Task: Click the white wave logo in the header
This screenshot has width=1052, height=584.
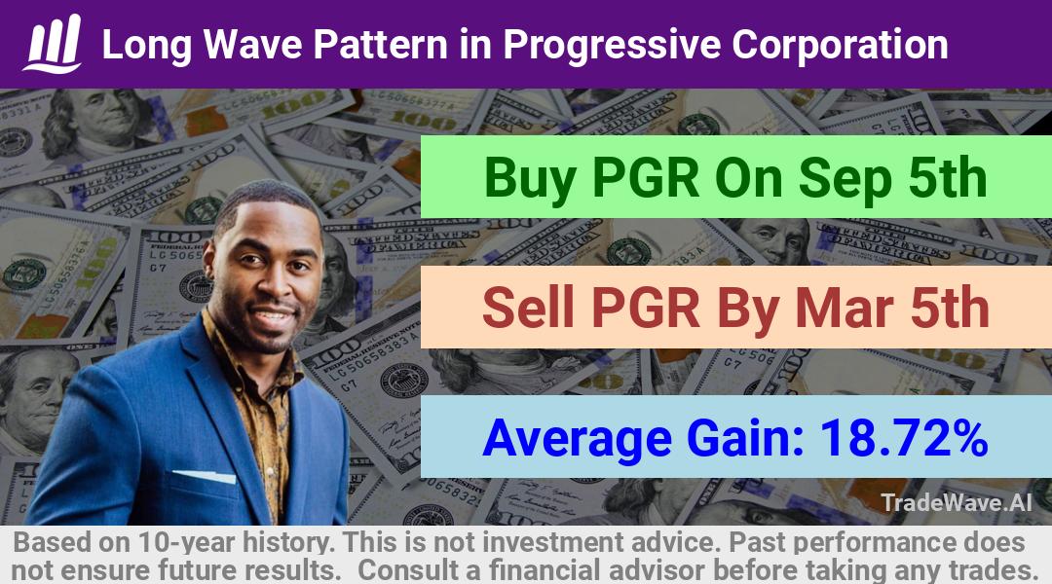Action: click(53, 43)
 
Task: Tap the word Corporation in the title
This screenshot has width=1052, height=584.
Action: click(840, 45)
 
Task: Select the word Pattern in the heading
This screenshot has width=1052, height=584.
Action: click(381, 44)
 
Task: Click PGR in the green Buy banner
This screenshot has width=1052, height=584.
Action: click(646, 178)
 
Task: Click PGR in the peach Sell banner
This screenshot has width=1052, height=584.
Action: click(646, 309)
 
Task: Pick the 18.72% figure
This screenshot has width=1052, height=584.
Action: click(904, 438)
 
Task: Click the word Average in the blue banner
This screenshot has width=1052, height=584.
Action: click(577, 439)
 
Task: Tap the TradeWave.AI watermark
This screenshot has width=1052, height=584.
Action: click(957, 502)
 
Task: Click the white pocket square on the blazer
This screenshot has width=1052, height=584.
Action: click(204, 476)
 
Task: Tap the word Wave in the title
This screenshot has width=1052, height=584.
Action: click(252, 44)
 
